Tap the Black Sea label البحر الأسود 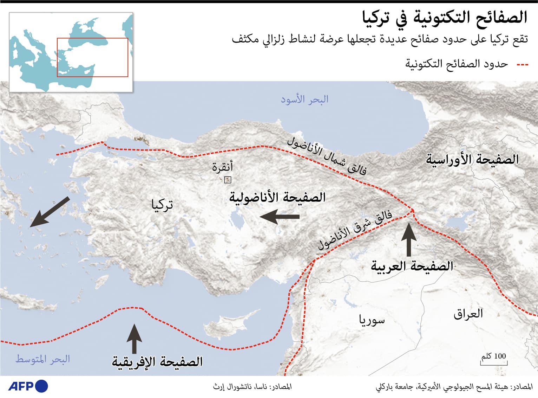tap(304, 99)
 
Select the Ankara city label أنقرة tap(222, 167)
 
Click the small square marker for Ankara tap(228, 180)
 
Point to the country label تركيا tap(162, 205)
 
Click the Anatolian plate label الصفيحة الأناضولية tap(277, 197)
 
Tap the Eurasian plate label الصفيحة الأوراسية tap(472, 160)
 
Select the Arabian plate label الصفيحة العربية tap(412, 266)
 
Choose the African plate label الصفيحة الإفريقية tap(157, 362)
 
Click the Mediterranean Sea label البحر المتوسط tap(42, 359)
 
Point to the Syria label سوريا tap(372, 320)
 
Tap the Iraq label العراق tap(468, 314)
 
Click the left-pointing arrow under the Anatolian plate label tap(280, 217)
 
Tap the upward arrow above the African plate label tap(134, 339)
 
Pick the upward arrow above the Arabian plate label tap(409, 239)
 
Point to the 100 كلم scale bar tap(494, 362)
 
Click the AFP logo tap(28, 386)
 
